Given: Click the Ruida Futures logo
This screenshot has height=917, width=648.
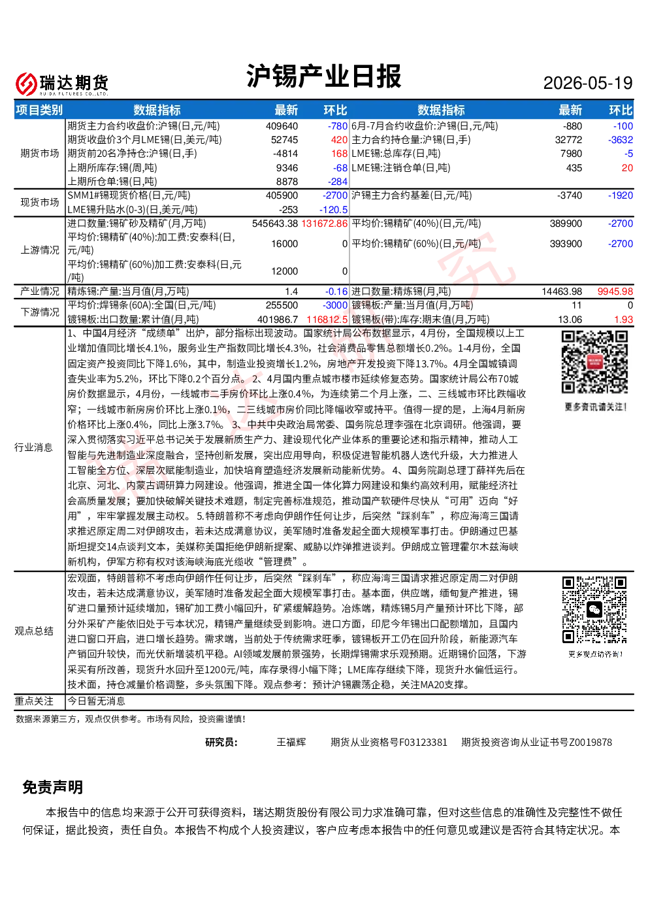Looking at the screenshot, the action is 62,84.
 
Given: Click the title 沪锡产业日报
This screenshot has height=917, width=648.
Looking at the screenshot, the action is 323,76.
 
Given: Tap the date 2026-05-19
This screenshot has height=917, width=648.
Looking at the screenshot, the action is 587,83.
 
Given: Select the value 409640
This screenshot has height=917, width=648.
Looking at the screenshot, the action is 282,126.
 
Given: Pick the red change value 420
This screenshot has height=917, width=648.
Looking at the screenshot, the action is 339,140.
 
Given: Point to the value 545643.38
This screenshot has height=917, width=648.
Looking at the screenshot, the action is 275,224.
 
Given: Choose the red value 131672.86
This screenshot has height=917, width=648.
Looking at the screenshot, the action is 325,224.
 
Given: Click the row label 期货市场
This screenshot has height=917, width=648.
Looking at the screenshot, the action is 40,154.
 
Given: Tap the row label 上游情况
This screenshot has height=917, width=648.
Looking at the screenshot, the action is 40,250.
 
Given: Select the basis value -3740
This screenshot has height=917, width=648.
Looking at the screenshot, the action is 570,195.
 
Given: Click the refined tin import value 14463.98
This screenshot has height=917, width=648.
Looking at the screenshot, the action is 562,292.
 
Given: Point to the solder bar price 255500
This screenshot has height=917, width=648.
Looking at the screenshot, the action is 282,305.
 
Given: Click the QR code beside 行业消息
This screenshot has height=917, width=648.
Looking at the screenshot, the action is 594,362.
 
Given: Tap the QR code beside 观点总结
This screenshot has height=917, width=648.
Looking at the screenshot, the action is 594,610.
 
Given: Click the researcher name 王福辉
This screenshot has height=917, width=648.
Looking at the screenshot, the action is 291,742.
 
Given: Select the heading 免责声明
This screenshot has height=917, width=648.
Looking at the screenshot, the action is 52,787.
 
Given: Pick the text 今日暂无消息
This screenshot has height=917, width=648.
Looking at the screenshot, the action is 96,701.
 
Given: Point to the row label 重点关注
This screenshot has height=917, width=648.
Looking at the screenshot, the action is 34,701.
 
